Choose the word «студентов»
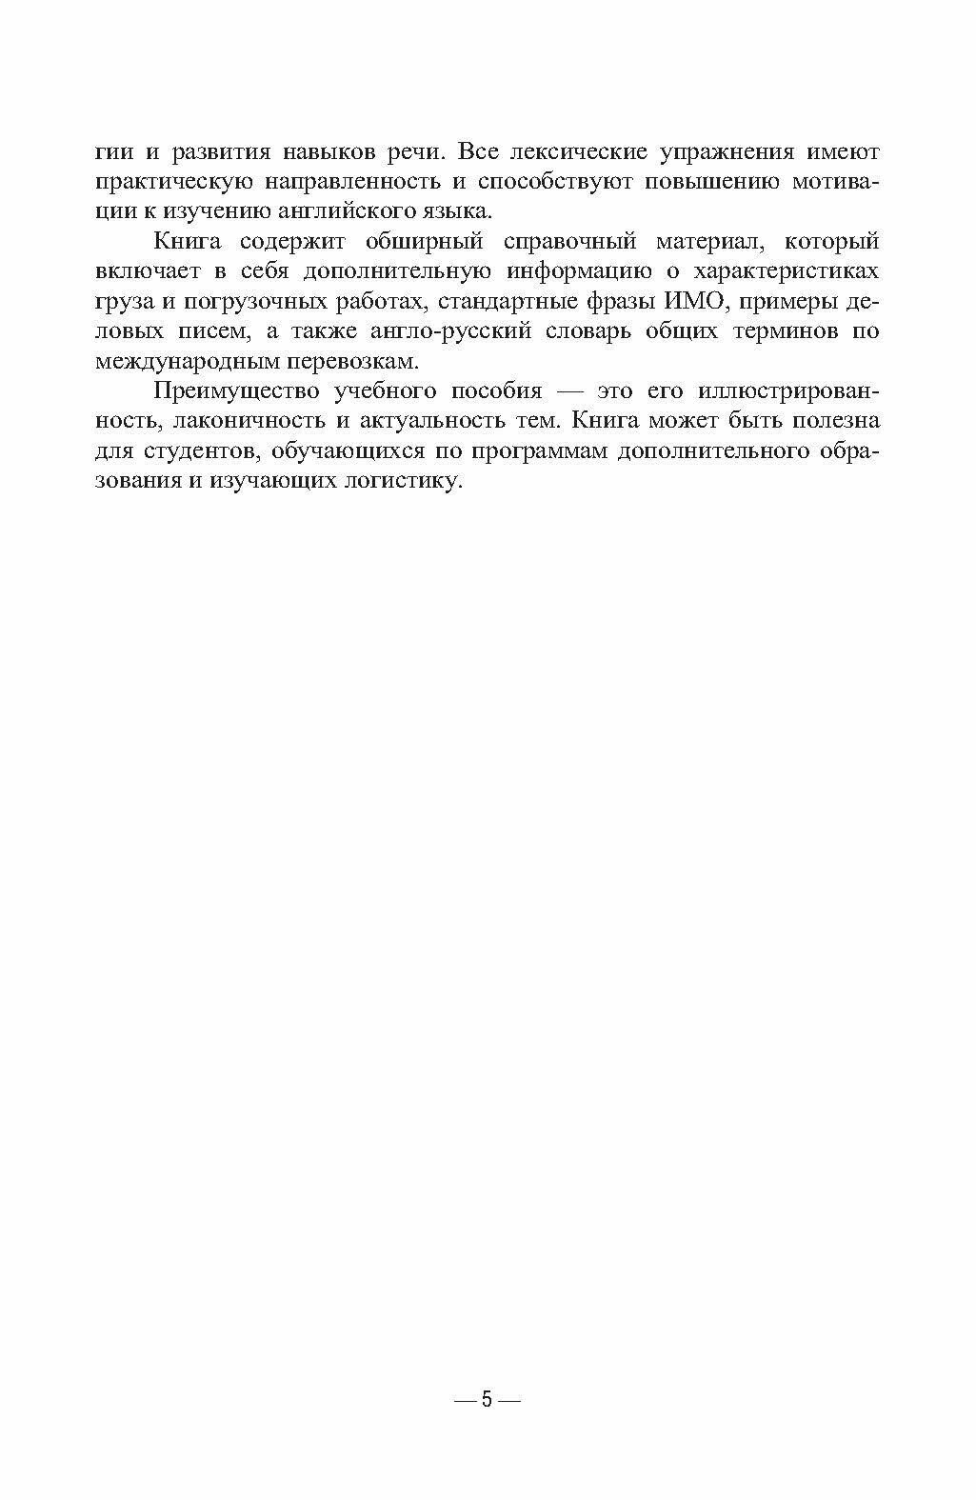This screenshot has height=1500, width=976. click(191, 450)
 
